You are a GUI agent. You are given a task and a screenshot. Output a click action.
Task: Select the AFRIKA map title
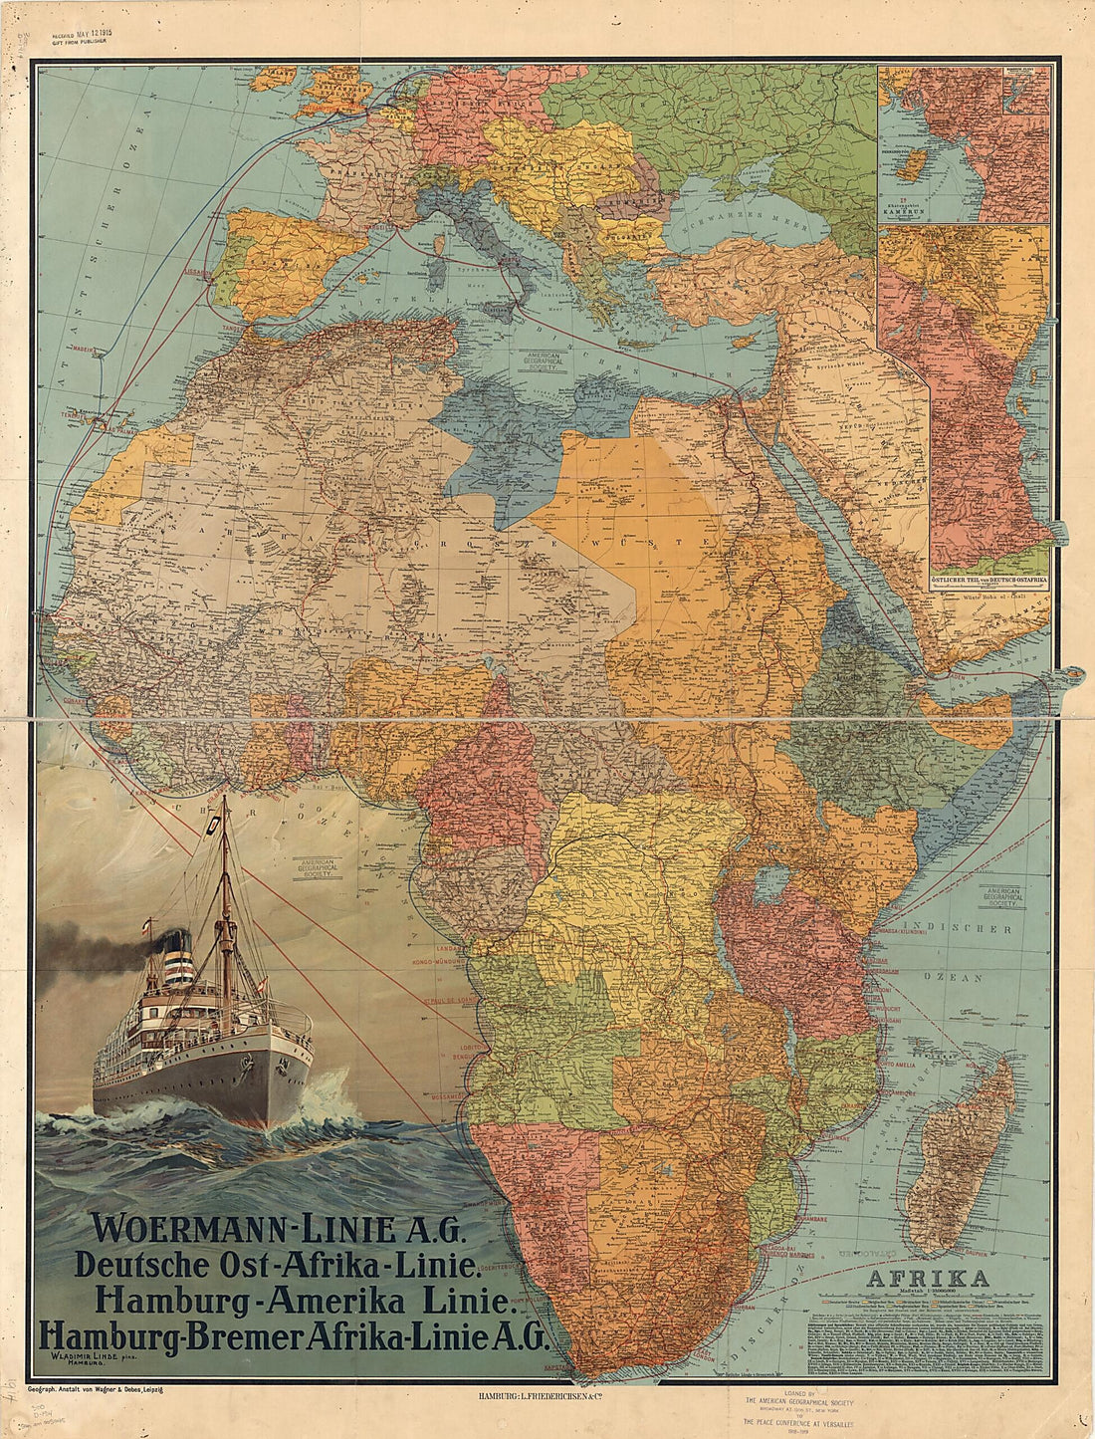pos(928,1278)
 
